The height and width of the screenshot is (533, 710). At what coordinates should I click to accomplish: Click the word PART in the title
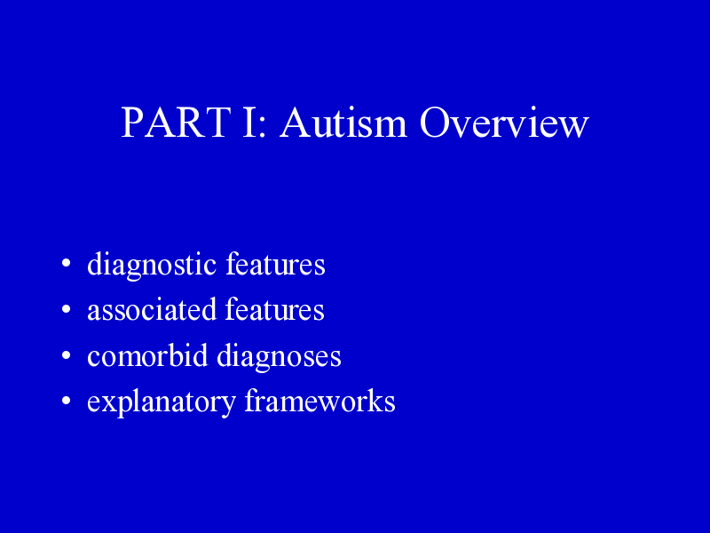[x=176, y=123]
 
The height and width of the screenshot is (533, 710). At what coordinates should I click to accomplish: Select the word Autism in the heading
[x=343, y=123]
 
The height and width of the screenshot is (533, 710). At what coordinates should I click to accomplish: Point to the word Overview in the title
[x=504, y=123]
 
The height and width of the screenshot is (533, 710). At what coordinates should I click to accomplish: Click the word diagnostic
[x=152, y=265]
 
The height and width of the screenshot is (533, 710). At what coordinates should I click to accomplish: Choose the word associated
[x=151, y=309]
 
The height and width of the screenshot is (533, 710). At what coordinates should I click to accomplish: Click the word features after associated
[x=274, y=309]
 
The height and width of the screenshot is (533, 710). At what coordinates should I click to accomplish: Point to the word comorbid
[x=147, y=355]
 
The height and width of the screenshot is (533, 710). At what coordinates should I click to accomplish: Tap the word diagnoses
[x=279, y=357]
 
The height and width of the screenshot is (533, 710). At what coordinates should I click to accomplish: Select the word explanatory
[x=162, y=402]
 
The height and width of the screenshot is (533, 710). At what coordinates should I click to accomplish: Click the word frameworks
[x=319, y=401]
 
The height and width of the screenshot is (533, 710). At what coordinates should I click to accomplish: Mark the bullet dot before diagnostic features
[x=66, y=263]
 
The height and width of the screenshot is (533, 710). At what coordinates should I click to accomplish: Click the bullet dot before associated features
[x=66, y=309]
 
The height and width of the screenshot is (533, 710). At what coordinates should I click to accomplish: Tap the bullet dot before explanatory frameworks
[x=66, y=402]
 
